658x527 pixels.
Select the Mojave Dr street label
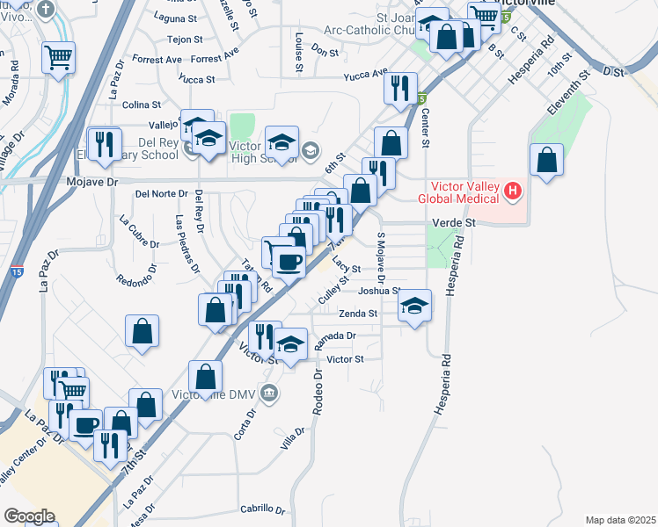coord(91,183)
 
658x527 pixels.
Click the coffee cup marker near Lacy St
coord(289,260)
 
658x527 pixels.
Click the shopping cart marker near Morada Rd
coord(59,58)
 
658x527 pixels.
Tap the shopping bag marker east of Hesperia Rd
coord(547,160)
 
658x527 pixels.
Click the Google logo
coord(28,516)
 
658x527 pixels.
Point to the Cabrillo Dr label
coord(263,509)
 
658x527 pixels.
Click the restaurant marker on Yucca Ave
coord(399,86)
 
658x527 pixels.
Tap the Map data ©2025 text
coord(620,520)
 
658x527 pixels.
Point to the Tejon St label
coord(185,40)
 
